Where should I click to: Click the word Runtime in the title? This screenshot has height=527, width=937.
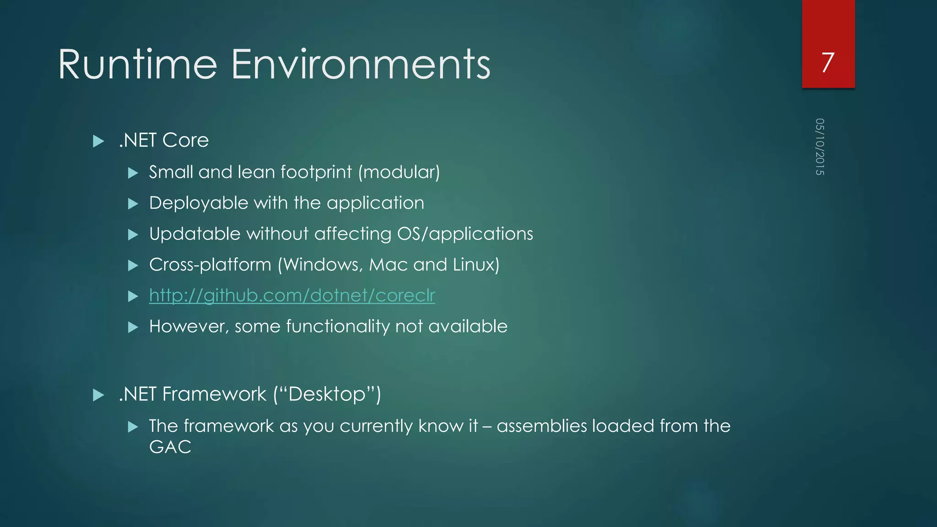(x=137, y=65)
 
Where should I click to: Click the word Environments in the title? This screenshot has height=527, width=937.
(x=361, y=65)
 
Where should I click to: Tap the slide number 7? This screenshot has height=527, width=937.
(x=828, y=62)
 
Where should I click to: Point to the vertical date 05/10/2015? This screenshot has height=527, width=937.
(x=819, y=146)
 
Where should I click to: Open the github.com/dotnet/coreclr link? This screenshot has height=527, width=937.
(x=292, y=296)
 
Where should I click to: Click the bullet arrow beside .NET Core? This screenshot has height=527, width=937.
(x=98, y=141)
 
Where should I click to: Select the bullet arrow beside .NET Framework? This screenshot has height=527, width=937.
(x=98, y=395)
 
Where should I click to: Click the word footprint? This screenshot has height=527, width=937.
(x=316, y=172)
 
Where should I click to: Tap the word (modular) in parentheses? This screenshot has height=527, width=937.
(x=399, y=172)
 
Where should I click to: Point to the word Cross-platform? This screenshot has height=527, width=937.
(x=210, y=265)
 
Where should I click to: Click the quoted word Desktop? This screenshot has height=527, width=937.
(x=327, y=394)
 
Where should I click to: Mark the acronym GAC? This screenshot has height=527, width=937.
(x=170, y=447)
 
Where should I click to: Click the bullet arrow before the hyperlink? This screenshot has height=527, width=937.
(x=133, y=296)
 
